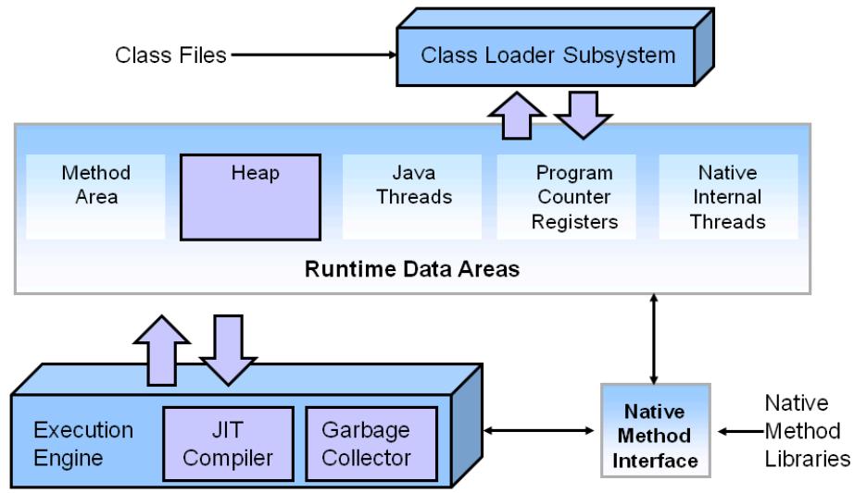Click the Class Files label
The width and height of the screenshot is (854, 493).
pyautogui.click(x=170, y=55)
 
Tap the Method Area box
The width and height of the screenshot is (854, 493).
pyautogui.click(x=96, y=185)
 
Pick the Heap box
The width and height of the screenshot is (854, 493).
pyautogui.click(x=250, y=185)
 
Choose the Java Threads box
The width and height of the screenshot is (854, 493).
pyautogui.click(x=412, y=185)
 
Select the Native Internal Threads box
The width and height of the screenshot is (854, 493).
pyautogui.click(x=728, y=196)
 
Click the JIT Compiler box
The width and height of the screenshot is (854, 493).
pyautogui.click(x=229, y=444)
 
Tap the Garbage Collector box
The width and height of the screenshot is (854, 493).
pyautogui.click(x=365, y=444)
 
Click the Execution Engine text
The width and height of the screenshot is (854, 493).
pyautogui.click(x=83, y=444)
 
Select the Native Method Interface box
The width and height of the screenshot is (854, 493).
pyautogui.click(x=656, y=430)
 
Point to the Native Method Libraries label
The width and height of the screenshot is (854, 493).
pyautogui.click(x=802, y=430)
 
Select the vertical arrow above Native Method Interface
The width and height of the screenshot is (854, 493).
pyautogui.click(x=656, y=338)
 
